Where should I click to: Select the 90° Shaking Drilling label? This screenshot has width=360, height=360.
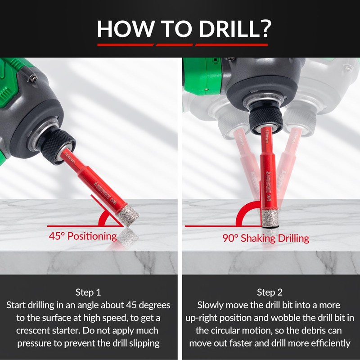(266, 238)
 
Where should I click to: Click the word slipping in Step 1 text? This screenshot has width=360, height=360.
(144, 343)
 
